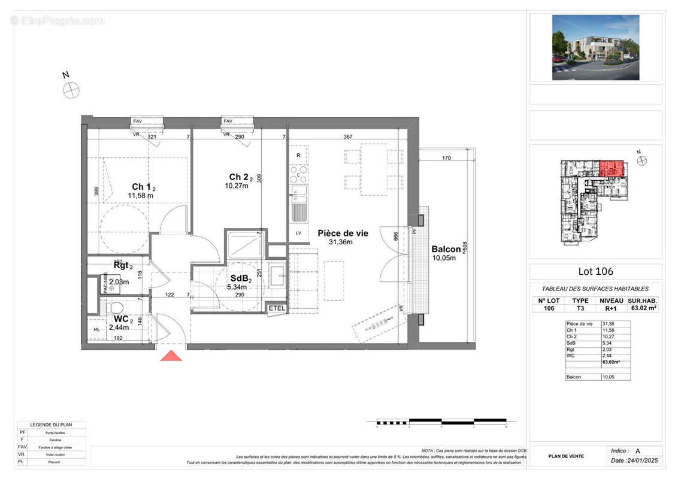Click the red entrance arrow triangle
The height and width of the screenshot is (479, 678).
pyautogui.click(x=171, y=356)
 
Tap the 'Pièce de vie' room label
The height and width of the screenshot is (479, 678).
pyautogui.click(x=343, y=234)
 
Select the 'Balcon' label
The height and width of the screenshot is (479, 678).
pyautogui.click(x=446, y=250)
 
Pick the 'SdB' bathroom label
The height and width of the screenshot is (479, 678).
pyautogui.click(x=241, y=278)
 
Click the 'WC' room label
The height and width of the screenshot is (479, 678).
pyautogui.click(x=122, y=320)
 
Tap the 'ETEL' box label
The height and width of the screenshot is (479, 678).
pyautogui.click(x=277, y=308)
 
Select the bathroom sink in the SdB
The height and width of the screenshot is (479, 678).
pyautogui.click(x=279, y=276)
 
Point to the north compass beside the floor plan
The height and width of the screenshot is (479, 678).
pyautogui.click(x=71, y=90)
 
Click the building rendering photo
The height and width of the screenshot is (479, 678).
pyautogui.click(x=595, y=48)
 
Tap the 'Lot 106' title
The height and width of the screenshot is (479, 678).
pyautogui.click(x=595, y=271)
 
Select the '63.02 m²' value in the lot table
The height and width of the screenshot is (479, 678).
pyautogui.click(x=644, y=308)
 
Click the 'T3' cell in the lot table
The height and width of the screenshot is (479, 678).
pyautogui.click(x=580, y=308)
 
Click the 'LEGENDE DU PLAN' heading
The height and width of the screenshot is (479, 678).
pyautogui.click(x=51, y=425)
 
